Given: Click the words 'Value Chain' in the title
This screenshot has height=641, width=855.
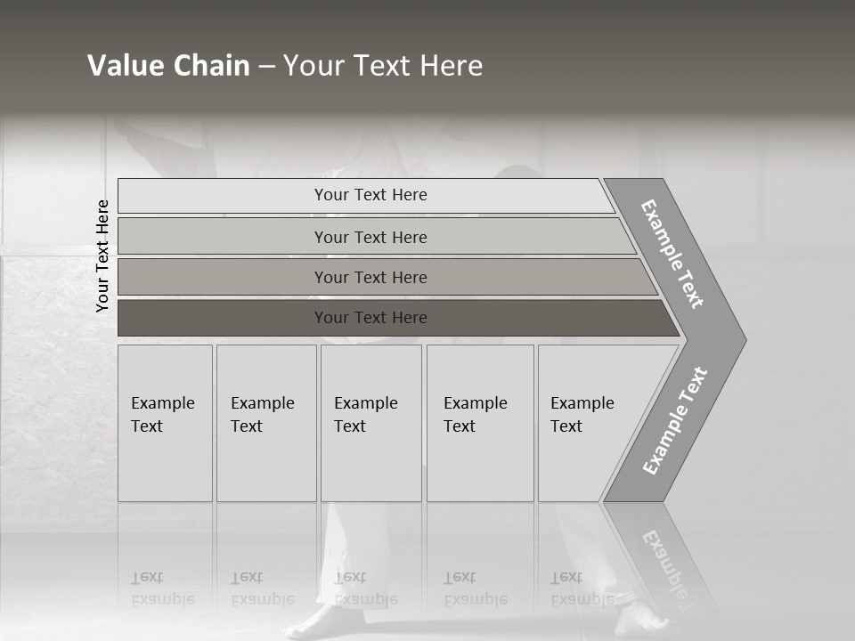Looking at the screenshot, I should click(168, 66).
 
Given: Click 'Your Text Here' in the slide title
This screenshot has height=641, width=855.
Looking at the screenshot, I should click(383, 66).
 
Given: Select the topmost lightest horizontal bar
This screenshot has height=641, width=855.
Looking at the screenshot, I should click(370, 195).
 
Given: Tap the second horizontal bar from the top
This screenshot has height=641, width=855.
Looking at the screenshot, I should click(370, 237).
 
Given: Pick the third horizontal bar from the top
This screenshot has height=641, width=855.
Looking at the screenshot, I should click(370, 277).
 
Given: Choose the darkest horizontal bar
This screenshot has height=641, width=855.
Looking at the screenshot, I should click(370, 318).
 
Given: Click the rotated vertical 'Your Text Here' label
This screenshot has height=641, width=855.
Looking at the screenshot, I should click(102, 256).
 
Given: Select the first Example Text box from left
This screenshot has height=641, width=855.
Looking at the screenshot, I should click(165, 423).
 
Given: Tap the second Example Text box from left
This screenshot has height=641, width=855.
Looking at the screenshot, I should click(265, 423).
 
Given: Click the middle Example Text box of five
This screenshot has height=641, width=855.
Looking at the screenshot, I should click(370, 423).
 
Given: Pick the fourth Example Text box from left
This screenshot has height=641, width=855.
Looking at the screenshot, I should click(479, 423).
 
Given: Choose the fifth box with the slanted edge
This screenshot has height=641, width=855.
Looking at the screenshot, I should click(588, 423).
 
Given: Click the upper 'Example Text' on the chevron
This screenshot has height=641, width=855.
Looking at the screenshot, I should click(673, 253).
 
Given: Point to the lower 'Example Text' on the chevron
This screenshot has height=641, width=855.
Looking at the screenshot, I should click(675, 420).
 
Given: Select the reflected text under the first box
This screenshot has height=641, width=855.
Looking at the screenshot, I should click(162, 588).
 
